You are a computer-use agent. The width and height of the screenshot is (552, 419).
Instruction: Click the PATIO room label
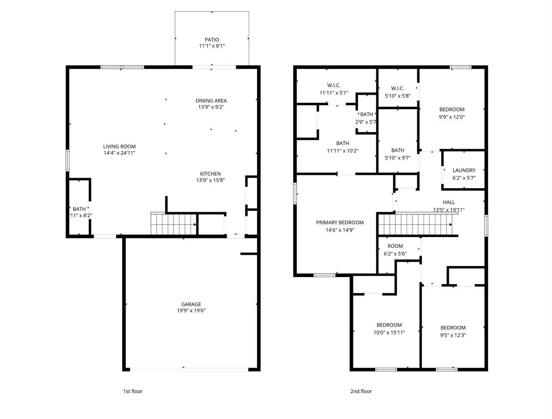[x=212, y=40]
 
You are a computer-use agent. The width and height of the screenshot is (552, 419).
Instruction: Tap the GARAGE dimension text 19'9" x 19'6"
[x=191, y=311]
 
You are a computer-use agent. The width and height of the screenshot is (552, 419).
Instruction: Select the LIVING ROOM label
[x=119, y=147]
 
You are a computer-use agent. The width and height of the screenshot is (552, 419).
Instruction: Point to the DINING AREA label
[x=211, y=101]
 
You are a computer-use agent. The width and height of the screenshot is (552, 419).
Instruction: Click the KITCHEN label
[x=210, y=174]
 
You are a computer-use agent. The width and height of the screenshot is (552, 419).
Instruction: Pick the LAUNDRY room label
[x=464, y=170]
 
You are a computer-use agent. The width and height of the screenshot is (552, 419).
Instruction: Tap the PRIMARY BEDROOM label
[x=340, y=223]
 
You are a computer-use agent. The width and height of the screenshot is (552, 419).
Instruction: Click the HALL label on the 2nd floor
[x=449, y=202]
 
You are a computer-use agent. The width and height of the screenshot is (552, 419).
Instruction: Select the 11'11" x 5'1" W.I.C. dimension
[x=334, y=93]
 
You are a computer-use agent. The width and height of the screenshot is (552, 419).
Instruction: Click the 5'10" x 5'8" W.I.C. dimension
[x=398, y=96]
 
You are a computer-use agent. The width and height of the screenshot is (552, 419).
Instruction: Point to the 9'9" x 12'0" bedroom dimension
[x=452, y=117]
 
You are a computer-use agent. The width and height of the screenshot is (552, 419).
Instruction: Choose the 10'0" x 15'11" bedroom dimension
[x=389, y=332]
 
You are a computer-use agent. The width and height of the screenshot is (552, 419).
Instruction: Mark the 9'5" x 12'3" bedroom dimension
[x=453, y=335]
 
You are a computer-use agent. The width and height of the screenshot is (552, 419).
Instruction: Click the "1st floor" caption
[x=133, y=391]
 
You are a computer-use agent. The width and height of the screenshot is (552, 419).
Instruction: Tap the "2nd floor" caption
[x=361, y=391]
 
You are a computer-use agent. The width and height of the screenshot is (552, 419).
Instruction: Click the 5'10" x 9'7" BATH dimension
[x=398, y=158]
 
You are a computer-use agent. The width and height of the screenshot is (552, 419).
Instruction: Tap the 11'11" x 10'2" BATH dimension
[x=343, y=151]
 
